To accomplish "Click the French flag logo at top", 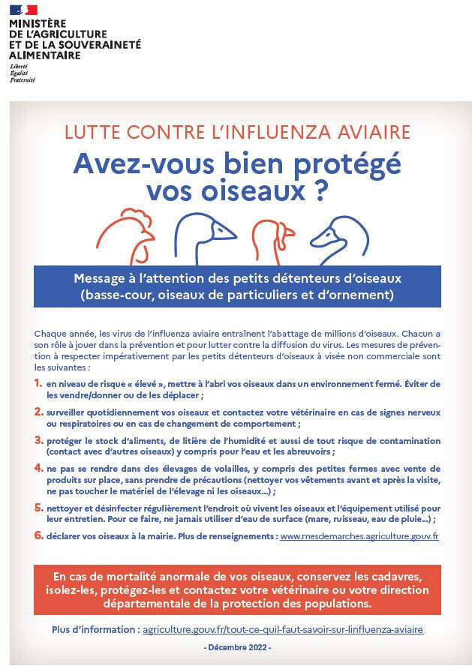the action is [23, 9].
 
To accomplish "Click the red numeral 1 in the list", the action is [39, 383].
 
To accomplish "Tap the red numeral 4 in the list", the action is [39, 468].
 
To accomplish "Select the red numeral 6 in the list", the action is [39, 535].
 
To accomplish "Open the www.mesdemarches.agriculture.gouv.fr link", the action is [359, 536].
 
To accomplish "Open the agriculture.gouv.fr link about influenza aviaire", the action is [283, 629].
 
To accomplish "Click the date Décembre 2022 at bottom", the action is [237, 648].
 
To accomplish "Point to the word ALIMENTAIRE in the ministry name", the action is [45, 55].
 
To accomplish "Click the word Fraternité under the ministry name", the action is [23, 79].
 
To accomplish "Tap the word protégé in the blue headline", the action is [347, 164].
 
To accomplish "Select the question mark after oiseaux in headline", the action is [321, 191].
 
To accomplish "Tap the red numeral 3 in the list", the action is [39, 440].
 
